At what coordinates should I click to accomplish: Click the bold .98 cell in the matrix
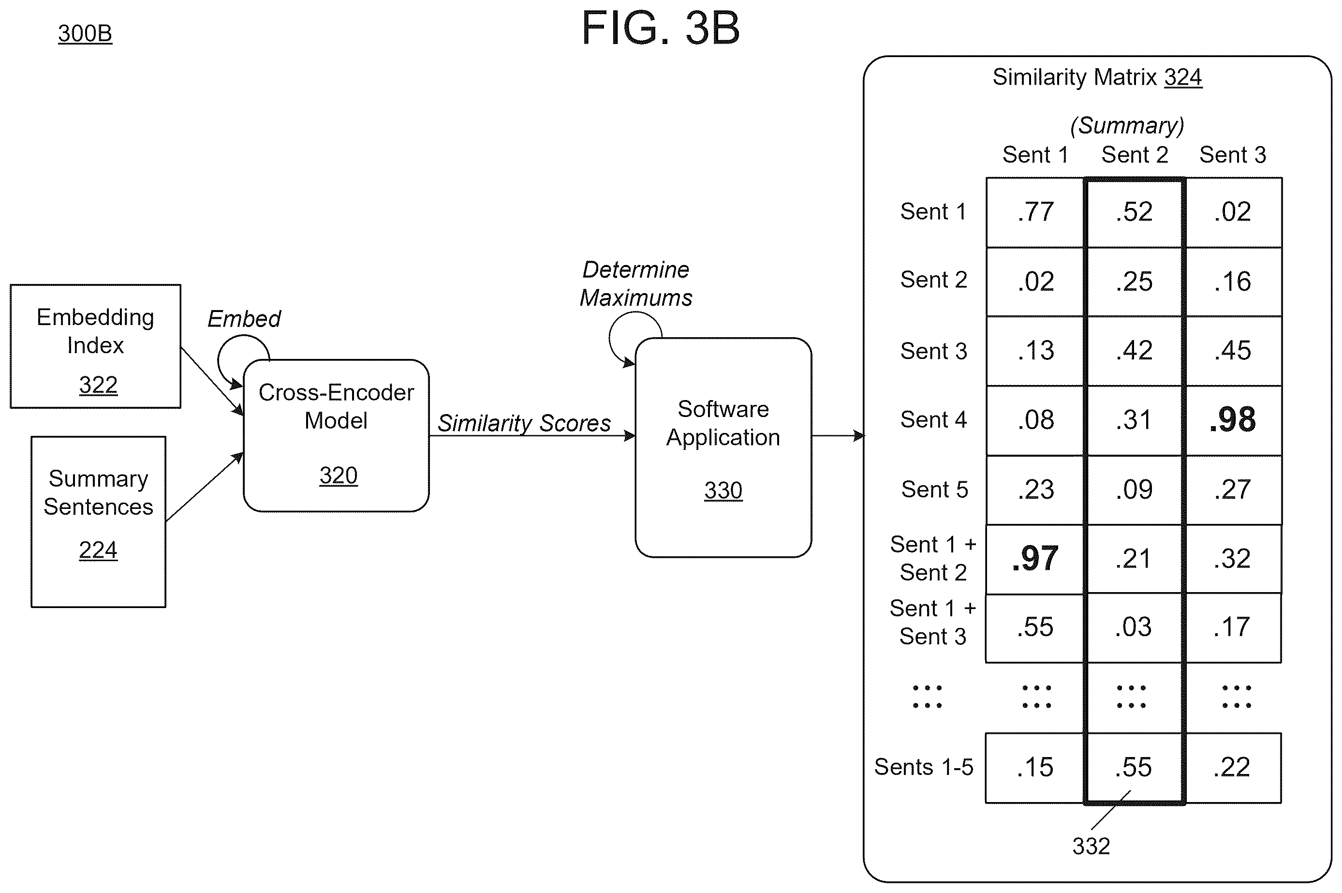pos(1233,420)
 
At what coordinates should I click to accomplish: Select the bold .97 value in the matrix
pos(1035,559)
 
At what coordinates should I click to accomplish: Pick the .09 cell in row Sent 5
pos(1134,490)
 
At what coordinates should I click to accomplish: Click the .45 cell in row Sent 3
pos(1233,351)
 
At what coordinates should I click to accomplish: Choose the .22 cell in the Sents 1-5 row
pos(1232,767)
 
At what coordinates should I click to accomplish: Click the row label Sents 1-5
pos(924,767)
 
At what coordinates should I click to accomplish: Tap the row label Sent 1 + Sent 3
pos(932,623)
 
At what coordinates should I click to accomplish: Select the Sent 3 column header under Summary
pos(1233,155)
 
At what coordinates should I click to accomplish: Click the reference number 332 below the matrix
pos(1091,846)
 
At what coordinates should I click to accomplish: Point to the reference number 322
pos(98,385)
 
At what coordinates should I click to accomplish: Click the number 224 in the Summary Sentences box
pos(98,550)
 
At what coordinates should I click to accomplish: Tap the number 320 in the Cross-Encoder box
pos(338,476)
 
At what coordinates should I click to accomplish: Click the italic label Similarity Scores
pos(524,423)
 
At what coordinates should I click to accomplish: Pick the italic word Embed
pos(244,319)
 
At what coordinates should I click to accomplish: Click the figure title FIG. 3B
pos(661,28)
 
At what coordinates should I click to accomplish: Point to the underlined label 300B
pos(85,33)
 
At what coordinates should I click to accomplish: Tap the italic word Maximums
pos(636,298)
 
